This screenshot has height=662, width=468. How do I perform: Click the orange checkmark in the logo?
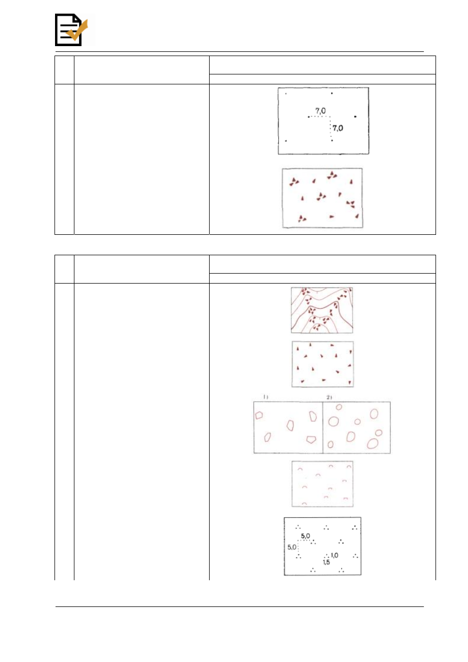[x=78, y=30]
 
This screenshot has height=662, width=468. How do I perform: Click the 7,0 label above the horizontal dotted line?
[x=320, y=111]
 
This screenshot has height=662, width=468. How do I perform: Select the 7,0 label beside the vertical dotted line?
[x=338, y=128]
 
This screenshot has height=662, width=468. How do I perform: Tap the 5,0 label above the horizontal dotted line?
[x=306, y=536]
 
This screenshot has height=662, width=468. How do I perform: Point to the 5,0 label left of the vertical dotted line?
[x=292, y=547]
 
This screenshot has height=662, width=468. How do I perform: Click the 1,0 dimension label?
[x=334, y=555]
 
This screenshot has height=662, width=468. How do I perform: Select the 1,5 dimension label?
[x=326, y=562]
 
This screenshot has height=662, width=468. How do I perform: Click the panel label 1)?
[x=266, y=397]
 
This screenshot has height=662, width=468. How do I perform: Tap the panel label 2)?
[x=329, y=397]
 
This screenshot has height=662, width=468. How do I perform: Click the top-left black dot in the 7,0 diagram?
[x=286, y=94]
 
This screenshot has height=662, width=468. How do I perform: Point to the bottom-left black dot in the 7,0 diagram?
[x=286, y=140]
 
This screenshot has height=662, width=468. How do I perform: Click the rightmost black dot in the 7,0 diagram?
[x=355, y=117]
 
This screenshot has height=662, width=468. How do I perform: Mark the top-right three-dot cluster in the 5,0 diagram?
[x=355, y=527]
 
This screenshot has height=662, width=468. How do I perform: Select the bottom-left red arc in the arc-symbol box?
[x=304, y=504]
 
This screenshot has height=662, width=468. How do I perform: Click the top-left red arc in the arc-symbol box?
[x=300, y=469]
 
